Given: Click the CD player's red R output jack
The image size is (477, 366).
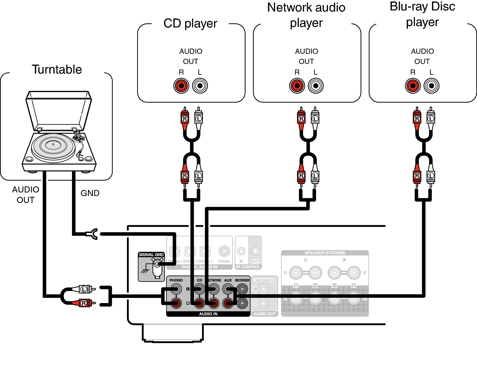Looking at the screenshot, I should click(x=181, y=86).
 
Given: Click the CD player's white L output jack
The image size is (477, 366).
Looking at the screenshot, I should click(x=200, y=86).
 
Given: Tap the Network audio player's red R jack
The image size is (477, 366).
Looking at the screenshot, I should click(x=297, y=86).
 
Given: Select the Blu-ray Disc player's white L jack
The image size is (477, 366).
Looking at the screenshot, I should click(x=431, y=86).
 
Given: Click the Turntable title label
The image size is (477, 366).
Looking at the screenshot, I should click(x=57, y=69).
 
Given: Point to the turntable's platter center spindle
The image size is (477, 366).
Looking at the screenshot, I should click(x=53, y=144).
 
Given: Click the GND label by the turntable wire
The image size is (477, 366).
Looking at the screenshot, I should click(x=90, y=193).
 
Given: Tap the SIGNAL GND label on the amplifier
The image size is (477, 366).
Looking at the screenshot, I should click(x=151, y=255).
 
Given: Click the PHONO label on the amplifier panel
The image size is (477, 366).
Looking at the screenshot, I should click(x=176, y=280).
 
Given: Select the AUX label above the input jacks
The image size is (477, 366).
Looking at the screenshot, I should click(x=228, y=280).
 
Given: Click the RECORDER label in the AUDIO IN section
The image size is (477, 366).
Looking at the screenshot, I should click(x=242, y=280).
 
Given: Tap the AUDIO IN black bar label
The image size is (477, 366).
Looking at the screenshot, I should click(x=208, y=314).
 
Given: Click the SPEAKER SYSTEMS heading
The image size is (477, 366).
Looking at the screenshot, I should click(x=325, y=253).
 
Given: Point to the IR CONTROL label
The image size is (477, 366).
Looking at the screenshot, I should click(x=248, y=267).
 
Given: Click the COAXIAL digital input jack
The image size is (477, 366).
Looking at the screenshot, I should click(x=224, y=251).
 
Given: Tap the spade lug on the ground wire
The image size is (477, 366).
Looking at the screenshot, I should click(x=93, y=234).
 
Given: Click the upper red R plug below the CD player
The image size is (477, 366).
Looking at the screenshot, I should click(x=185, y=119).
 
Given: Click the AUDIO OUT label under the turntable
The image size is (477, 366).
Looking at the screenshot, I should click(x=26, y=195).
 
